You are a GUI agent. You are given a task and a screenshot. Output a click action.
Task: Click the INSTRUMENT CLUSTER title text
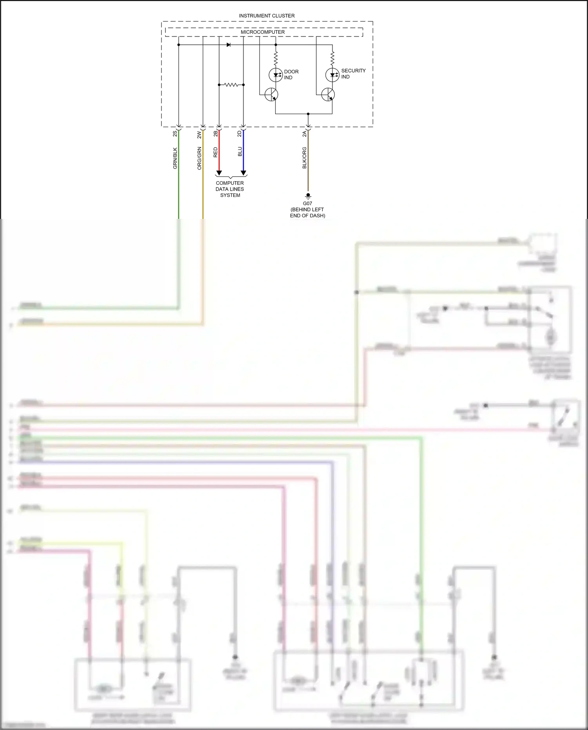tap(267, 16)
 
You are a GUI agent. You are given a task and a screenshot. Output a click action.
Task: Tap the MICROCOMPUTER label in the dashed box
tap(263, 32)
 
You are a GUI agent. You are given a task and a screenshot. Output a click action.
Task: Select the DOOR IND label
tap(291, 75)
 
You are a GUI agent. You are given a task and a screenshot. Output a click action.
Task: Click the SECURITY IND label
tap(353, 74)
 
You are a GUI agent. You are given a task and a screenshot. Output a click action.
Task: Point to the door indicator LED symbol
tap(276, 75)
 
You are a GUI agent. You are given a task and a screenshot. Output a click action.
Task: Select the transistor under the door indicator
tap(271, 95)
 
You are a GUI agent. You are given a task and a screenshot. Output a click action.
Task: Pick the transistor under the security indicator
tap(328, 95)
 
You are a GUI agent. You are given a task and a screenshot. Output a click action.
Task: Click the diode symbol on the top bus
tap(229, 45)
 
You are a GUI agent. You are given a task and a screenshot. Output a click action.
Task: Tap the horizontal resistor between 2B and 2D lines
tap(231, 85)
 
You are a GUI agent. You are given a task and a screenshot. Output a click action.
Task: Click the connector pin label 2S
tap(175, 134)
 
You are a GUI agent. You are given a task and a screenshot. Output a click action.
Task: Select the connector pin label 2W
tap(199, 135)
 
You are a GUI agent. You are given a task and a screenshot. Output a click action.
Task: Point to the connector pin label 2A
tap(305, 134)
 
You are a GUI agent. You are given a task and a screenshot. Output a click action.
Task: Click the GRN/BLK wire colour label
tap(175, 158)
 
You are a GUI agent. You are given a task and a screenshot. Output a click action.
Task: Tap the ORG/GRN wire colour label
tap(200, 158)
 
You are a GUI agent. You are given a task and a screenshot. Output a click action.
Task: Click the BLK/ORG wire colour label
tap(305, 158)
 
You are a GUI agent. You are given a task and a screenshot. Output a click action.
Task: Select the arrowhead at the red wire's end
tap(219, 173)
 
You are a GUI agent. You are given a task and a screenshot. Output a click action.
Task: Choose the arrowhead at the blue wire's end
tap(243, 173)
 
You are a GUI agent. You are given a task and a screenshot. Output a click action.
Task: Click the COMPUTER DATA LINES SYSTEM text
tap(230, 189)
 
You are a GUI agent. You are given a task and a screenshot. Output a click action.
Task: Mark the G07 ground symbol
tap(308, 196)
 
